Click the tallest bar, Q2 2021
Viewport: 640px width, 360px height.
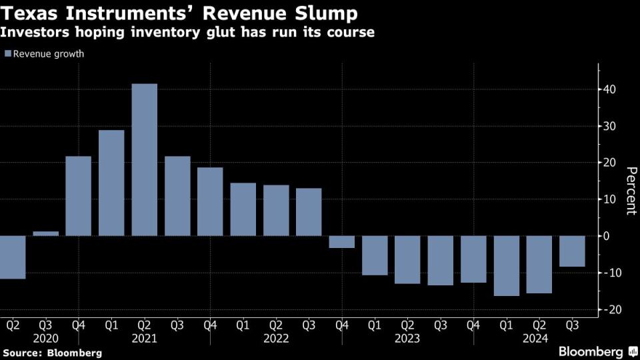click(x=145, y=160)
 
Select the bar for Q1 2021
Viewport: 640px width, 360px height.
click(x=111, y=183)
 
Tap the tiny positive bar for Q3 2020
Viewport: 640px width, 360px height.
click(x=46, y=233)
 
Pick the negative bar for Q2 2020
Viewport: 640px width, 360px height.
click(x=13, y=257)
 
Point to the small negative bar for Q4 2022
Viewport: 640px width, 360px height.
click(x=342, y=241)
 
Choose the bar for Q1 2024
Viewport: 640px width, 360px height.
click(x=507, y=265)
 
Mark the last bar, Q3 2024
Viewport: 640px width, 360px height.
click(x=572, y=251)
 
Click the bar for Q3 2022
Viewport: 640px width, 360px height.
click(x=309, y=212)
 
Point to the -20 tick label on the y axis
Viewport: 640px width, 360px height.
click(x=609, y=309)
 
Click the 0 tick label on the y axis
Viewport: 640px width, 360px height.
click(x=607, y=236)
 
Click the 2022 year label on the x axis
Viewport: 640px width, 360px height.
click(x=276, y=338)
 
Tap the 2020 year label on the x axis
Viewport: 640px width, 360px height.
click(x=46, y=338)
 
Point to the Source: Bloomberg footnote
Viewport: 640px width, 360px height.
click(x=52, y=352)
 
